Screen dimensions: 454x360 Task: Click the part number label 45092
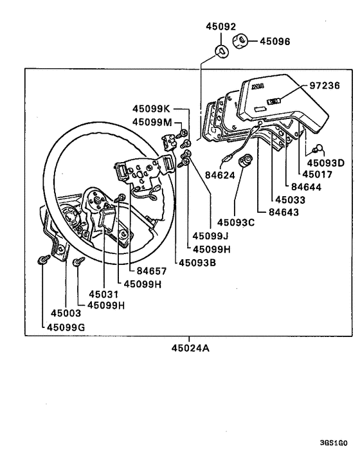click(221, 27)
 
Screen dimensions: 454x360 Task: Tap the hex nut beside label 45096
click(239, 41)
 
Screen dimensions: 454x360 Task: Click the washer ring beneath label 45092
click(221, 51)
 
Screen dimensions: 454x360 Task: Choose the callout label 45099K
click(152, 109)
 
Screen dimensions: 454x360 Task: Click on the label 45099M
click(152, 122)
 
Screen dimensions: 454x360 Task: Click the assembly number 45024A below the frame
click(190, 349)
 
